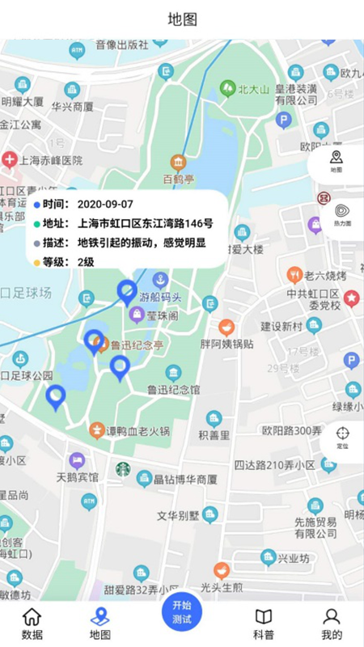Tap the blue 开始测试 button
(182, 612)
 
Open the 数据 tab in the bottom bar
(32, 624)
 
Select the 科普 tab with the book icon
(264, 624)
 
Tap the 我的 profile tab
(332, 624)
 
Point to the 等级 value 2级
(86, 262)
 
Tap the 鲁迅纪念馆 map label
(173, 389)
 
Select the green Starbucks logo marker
(123, 468)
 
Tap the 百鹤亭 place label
(178, 178)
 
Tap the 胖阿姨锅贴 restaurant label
(226, 343)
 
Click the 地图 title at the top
(182, 19)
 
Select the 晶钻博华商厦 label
(185, 479)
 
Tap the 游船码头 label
(162, 296)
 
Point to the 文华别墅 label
(178, 515)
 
